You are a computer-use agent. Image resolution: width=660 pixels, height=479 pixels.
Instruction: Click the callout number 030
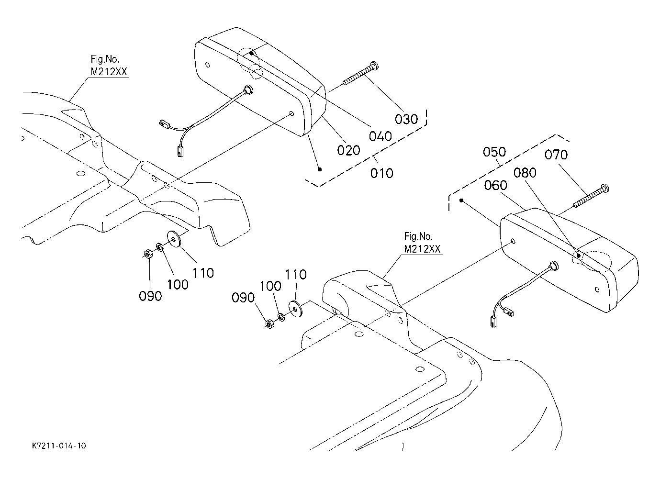(x=406, y=119)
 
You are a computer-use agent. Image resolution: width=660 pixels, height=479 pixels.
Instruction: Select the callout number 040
(x=380, y=136)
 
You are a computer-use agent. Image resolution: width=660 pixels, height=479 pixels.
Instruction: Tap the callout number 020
(x=348, y=150)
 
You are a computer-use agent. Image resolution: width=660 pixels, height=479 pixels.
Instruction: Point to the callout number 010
(x=381, y=173)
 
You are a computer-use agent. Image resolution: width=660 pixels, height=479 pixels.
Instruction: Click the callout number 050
(x=494, y=152)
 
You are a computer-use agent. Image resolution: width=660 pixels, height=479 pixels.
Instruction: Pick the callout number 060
(x=496, y=185)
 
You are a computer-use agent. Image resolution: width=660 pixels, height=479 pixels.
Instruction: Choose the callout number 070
(x=556, y=155)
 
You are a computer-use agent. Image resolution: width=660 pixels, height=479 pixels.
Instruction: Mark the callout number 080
(x=525, y=173)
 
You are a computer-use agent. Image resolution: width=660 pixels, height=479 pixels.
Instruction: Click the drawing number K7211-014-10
(x=59, y=446)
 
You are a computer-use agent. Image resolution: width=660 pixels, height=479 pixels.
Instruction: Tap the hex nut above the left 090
(x=147, y=254)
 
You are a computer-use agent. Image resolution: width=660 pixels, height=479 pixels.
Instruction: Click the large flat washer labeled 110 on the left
(x=175, y=239)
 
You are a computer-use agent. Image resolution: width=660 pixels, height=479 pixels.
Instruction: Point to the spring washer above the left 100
(x=159, y=247)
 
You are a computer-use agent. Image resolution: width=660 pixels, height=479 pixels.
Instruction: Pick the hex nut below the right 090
(x=270, y=324)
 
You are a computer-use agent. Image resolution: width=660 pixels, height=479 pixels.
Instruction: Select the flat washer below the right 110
(x=295, y=309)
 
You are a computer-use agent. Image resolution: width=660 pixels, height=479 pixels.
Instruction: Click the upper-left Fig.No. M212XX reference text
(x=109, y=66)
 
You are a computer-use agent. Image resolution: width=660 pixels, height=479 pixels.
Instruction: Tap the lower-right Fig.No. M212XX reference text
(x=422, y=243)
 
